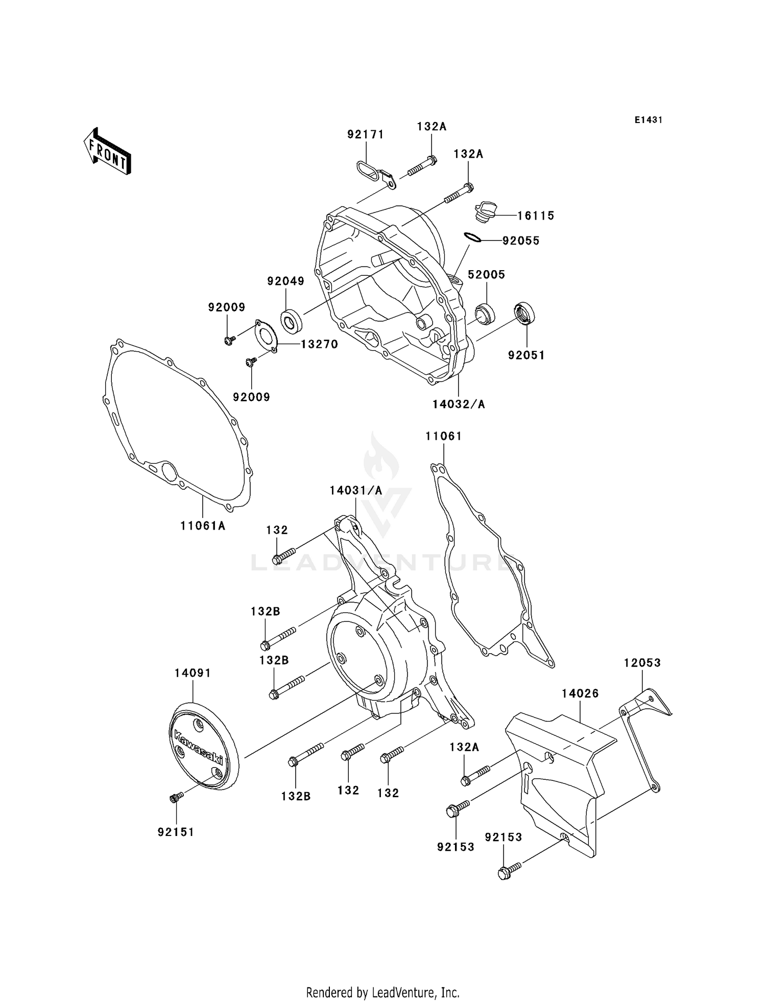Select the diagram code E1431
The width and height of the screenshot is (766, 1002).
click(x=648, y=120)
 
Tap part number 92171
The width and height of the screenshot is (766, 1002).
click(x=365, y=134)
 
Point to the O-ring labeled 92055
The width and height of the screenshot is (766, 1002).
click(x=473, y=237)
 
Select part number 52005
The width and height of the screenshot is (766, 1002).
click(x=486, y=275)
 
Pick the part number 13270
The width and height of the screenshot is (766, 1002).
click(x=319, y=344)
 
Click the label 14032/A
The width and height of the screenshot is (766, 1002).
click(x=459, y=404)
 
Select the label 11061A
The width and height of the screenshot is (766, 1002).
click(x=203, y=525)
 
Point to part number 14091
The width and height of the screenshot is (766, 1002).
click(x=193, y=673)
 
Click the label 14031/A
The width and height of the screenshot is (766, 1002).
click(x=356, y=490)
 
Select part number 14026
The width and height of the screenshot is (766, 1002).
click(x=580, y=694)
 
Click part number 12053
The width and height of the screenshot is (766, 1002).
click(x=642, y=663)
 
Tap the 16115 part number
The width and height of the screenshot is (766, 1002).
click(x=536, y=216)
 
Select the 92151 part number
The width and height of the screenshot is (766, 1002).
click(x=176, y=832)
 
